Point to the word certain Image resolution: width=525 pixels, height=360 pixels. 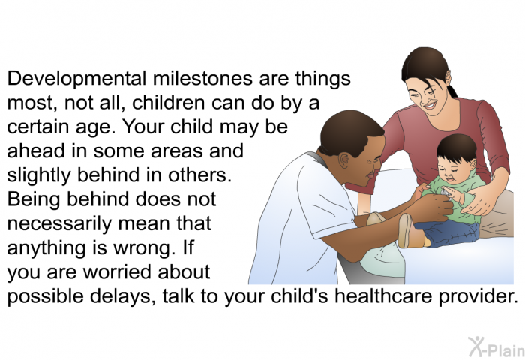click(37, 127)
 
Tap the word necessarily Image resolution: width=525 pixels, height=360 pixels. click(59, 224)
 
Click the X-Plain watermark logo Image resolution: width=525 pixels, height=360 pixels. click(496, 346)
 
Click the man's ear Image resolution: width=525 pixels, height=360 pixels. click(343, 160)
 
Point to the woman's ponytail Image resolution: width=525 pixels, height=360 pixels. click(451, 91)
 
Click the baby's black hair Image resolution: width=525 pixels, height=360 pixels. click(456, 147)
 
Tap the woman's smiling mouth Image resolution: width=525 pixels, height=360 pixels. click(430, 106)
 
